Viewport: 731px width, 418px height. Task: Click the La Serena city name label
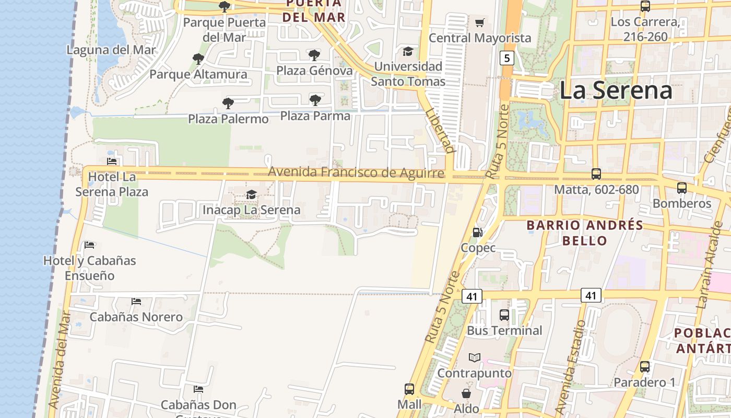616,90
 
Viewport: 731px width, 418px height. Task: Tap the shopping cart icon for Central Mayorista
479,22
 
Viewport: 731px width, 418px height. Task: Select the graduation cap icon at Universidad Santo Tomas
408,51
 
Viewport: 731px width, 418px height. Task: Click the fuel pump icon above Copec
477,233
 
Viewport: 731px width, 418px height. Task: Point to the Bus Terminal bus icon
504,315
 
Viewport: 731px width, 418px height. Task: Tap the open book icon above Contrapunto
474,358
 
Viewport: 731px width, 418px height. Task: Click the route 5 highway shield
506,57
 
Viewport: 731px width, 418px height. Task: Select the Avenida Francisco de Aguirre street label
356,172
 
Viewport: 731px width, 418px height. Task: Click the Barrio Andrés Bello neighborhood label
584,233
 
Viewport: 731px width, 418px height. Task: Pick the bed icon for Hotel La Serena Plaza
112,161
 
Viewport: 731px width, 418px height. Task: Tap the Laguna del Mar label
111,50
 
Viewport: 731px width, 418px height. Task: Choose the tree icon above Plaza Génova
314,55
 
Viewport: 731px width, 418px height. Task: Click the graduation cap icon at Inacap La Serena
251,195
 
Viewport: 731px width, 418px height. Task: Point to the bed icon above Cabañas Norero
136,301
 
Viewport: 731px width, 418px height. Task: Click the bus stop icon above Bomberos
681,188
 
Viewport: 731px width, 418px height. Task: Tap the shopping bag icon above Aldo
466,393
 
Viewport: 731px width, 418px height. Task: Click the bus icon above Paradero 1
645,367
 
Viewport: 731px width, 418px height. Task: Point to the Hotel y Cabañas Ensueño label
89,268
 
